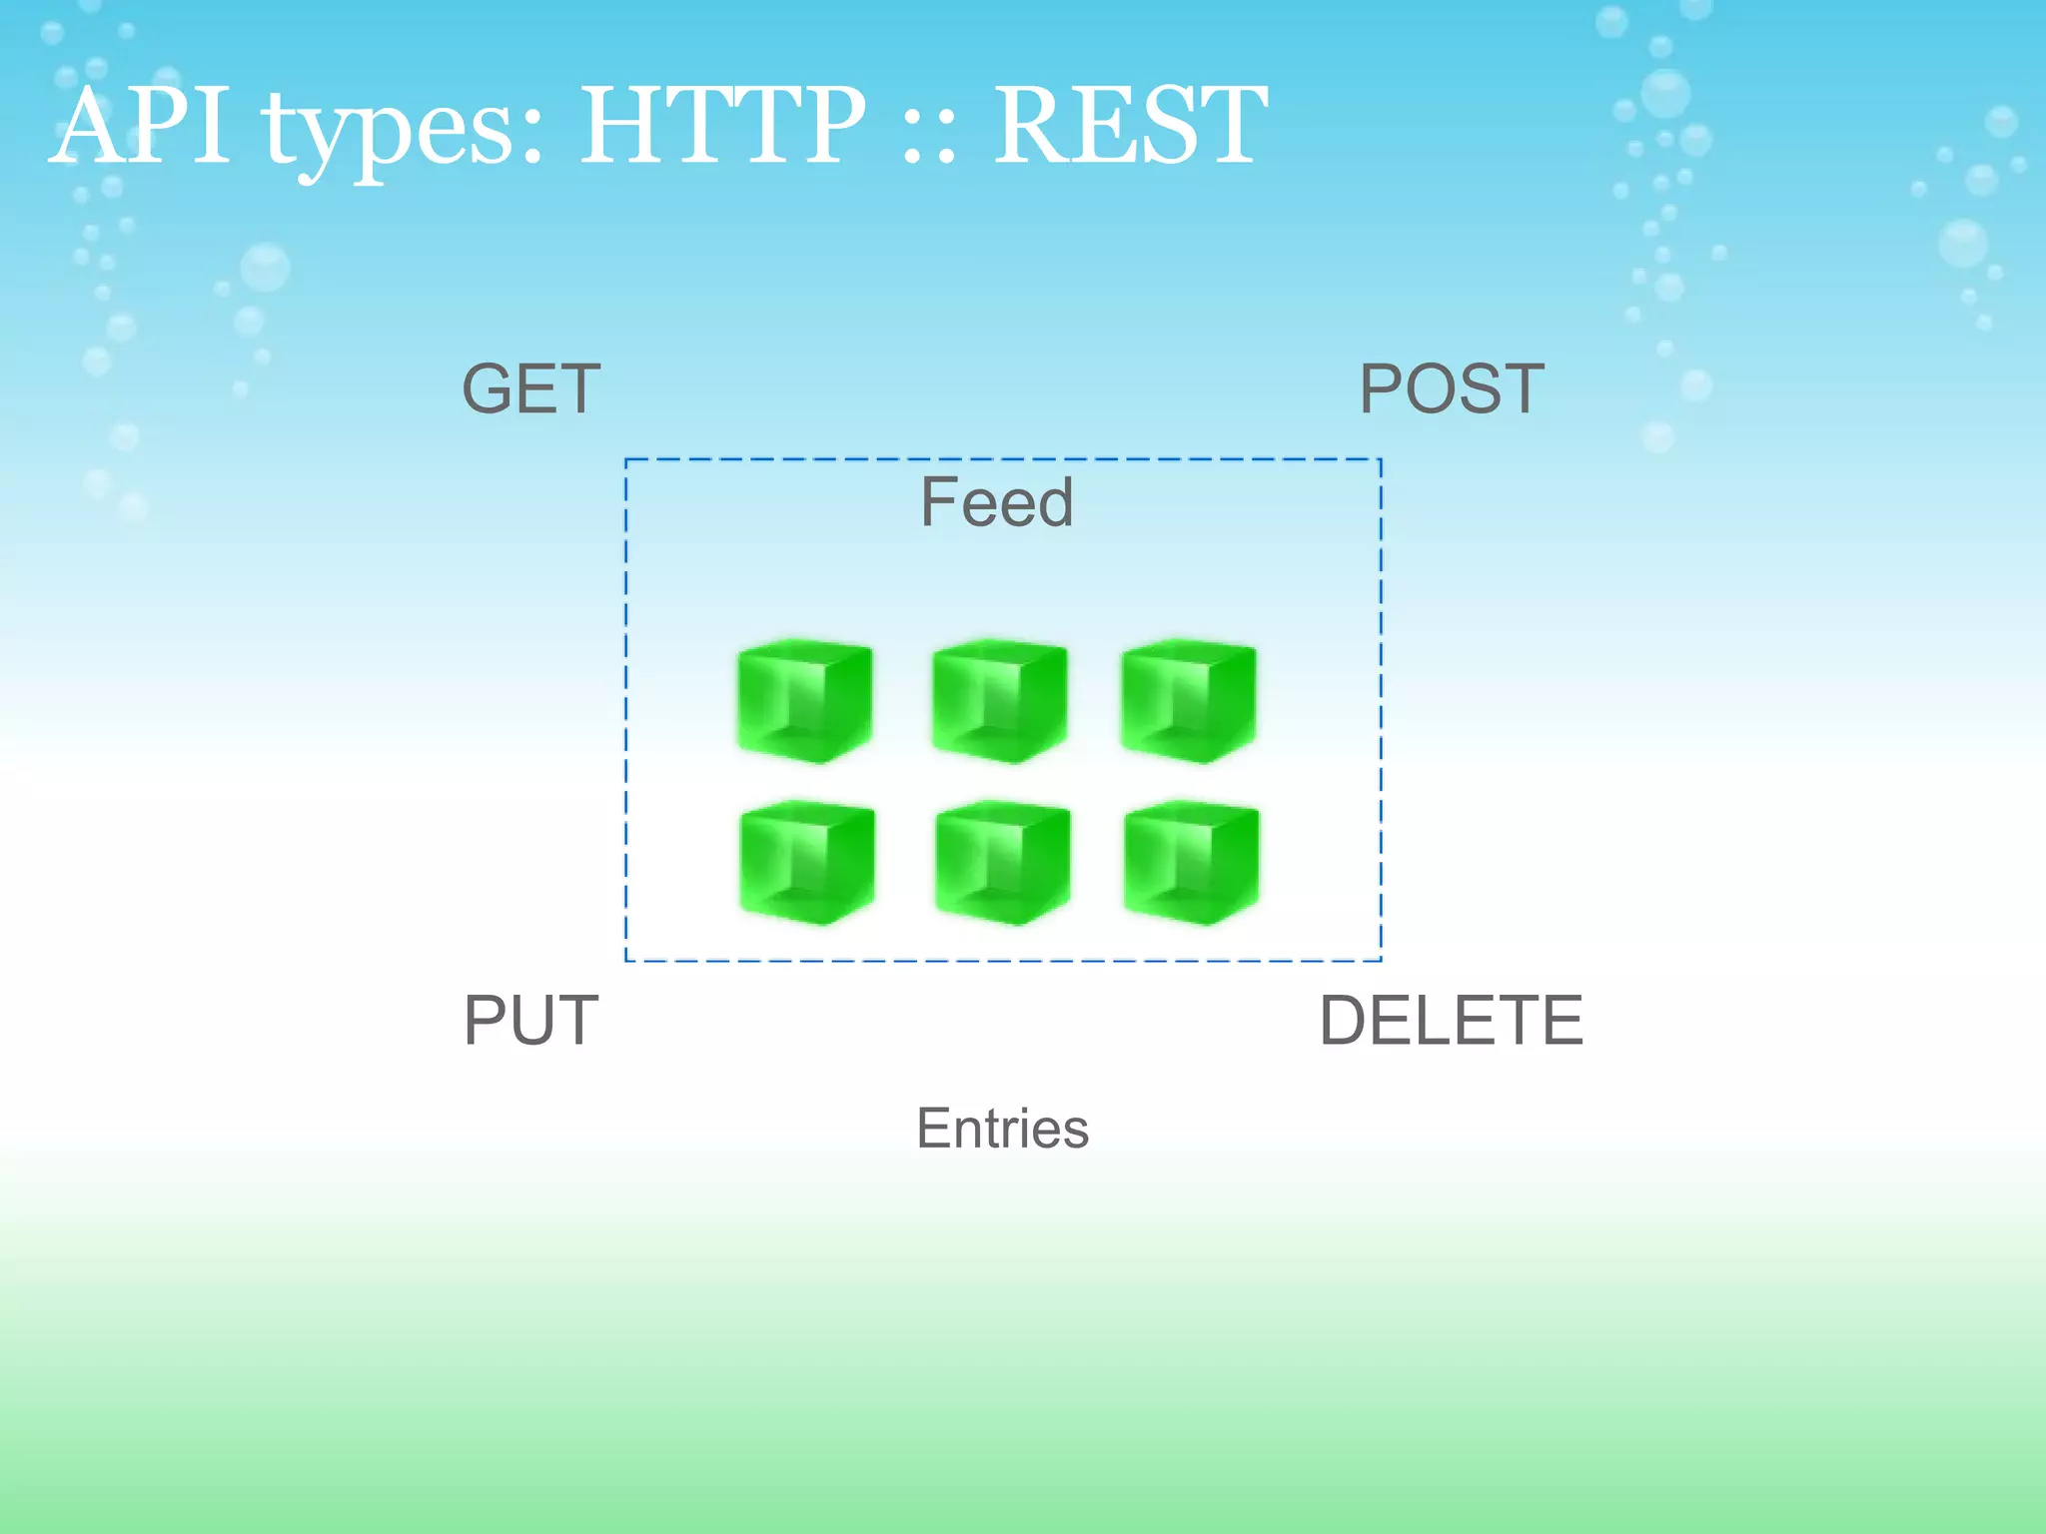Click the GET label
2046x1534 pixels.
click(x=530, y=388)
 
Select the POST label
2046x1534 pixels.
click(x=1451, y=388)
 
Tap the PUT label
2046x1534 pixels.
click(x=530, y=1021)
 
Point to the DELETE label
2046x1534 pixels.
click(x=1451, y=1021)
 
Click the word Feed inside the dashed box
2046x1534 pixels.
click(x=996, y=501)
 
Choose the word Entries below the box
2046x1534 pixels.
click(x=1002, y=1129)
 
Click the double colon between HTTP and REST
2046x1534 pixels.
click(x=928, y=140)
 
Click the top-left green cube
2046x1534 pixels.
click(x=804, y=701)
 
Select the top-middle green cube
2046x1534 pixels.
click(x=999, y=701)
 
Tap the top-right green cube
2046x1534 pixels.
click(x=1188, y=701)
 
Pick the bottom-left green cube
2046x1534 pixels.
click(x=807, y=863)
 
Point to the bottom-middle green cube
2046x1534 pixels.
click(x=1002, y=863)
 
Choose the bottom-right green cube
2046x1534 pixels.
click(x=1191, y=863)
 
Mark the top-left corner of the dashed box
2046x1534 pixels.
click(x=626, y=460)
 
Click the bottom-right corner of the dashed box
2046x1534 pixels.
click(x=1381, y=961)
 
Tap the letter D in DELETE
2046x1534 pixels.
click(x=1345, y=1021)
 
